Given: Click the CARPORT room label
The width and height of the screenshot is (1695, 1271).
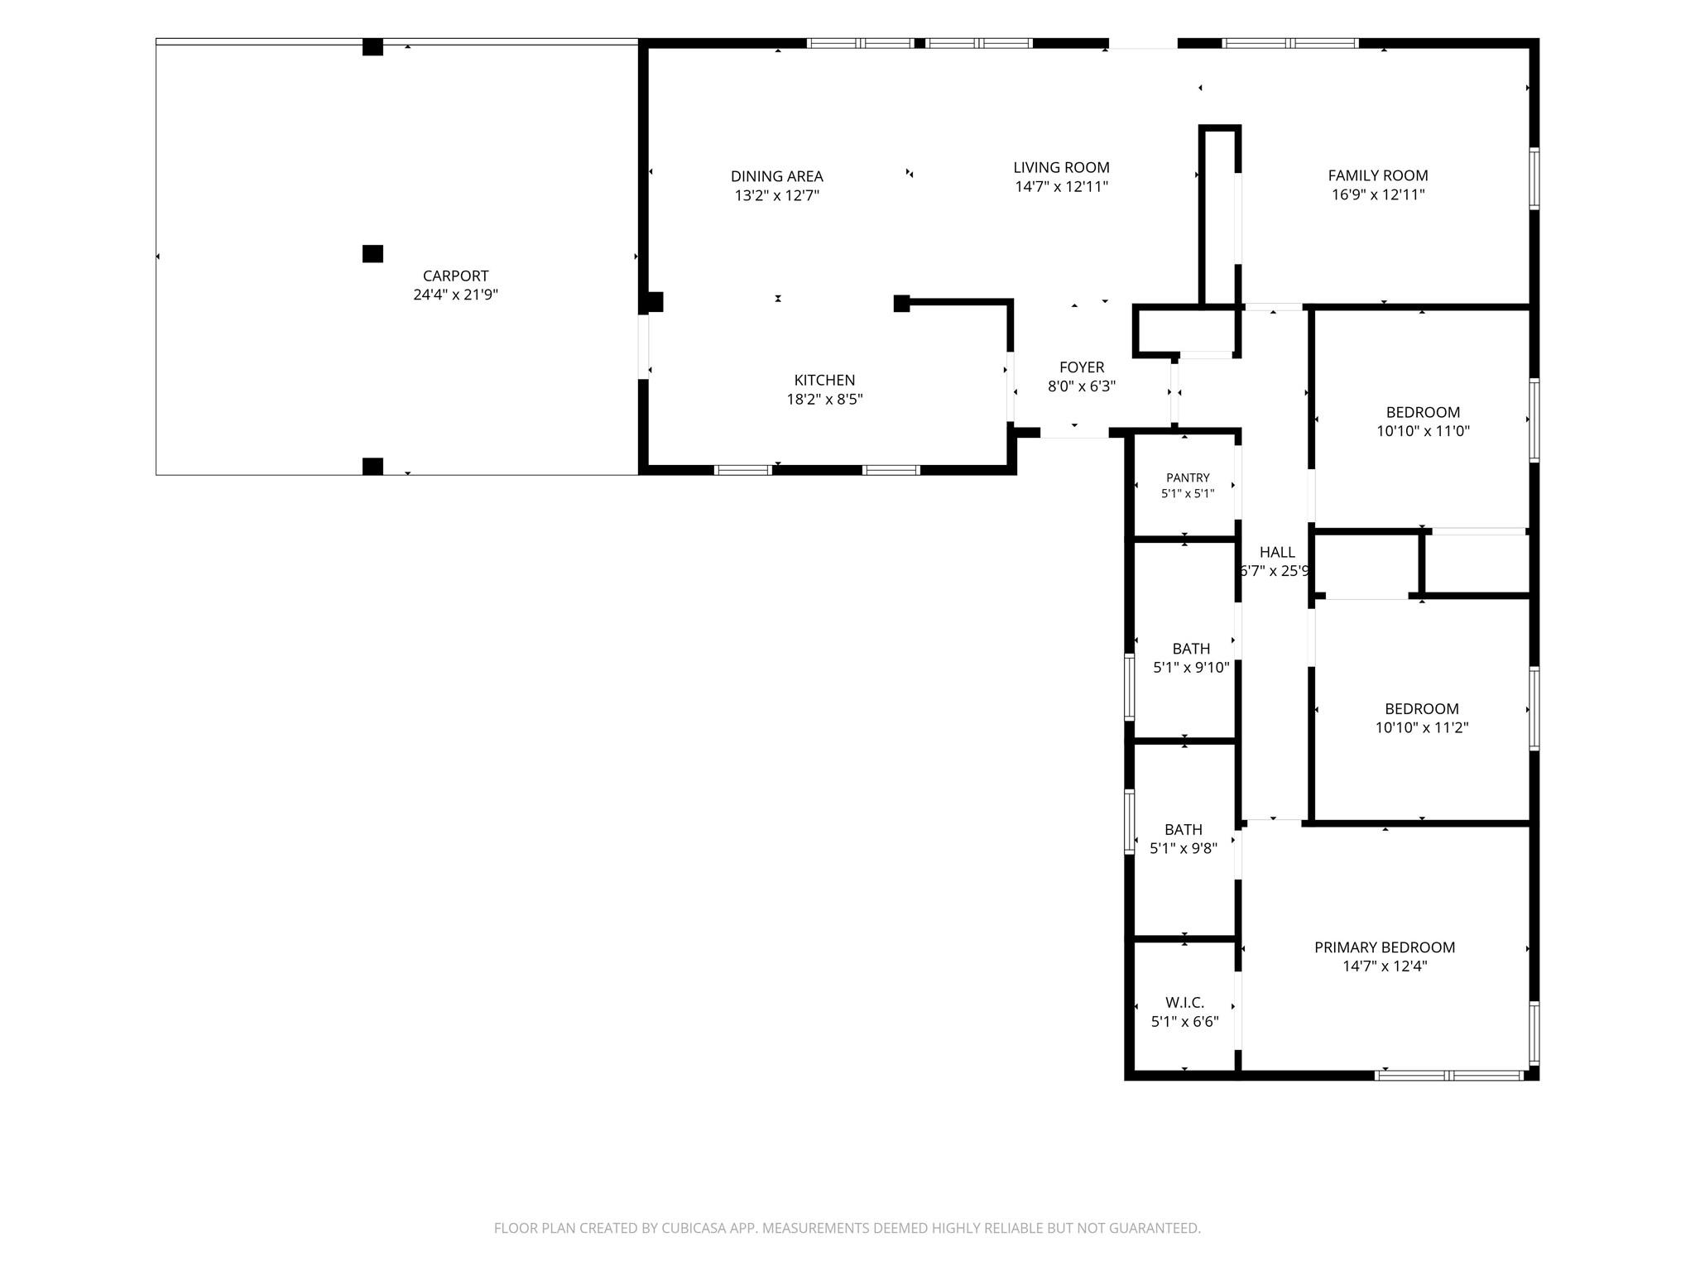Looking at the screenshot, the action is point(455,276).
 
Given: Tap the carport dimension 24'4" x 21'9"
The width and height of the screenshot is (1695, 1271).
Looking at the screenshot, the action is point(455,295).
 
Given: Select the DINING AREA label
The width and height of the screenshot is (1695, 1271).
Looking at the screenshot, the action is point(776,176).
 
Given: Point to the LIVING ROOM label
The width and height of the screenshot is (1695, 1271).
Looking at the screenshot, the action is point(1061,167).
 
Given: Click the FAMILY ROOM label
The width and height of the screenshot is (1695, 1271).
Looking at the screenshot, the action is point(1378,175).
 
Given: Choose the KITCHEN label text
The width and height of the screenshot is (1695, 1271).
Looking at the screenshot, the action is point(824,380).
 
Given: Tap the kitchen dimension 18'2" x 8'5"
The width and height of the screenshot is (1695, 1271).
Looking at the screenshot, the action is point(824,399).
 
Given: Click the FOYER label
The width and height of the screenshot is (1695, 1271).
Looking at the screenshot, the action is point(1082,367).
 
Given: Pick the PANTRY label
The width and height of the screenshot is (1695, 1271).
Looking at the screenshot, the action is point(1188,477).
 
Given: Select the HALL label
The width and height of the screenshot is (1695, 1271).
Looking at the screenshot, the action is point(1277,552).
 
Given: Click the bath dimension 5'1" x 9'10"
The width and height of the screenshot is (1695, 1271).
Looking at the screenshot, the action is point(1191,668).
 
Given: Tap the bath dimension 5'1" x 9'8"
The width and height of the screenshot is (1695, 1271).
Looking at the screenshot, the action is point(1184,848).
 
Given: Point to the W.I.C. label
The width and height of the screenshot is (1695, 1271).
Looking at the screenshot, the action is point(1184,1003).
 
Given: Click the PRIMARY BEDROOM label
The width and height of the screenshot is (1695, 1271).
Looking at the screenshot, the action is point(1385,947).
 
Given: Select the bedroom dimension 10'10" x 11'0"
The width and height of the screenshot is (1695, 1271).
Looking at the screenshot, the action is point(1423,431).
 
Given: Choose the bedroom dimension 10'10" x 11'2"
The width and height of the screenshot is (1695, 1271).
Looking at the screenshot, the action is point(1422,728).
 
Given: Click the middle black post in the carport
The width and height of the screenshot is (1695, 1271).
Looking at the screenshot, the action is point(372,254).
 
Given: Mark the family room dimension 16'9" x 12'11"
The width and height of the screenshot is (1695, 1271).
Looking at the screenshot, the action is point(1378,194).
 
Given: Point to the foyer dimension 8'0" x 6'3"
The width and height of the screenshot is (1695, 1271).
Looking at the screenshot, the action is point(1082,386).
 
